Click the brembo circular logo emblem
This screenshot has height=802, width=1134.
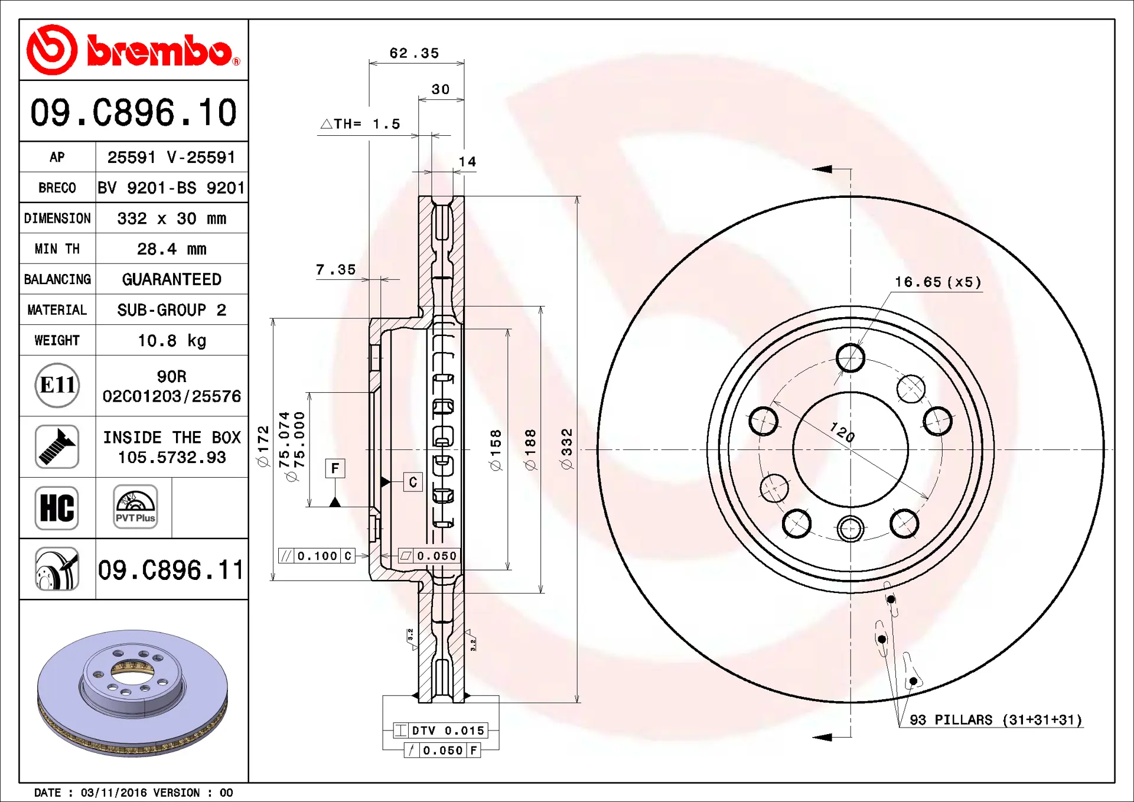(x=52, y=50)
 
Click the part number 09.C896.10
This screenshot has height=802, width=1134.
(x=133, y=112)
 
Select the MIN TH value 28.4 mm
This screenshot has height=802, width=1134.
(x=171, y=249)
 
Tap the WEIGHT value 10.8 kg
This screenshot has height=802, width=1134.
(x=171, y=340)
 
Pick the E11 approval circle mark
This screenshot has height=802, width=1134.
(x=57, y=385)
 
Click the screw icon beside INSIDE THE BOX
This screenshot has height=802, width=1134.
(x=57, y=446)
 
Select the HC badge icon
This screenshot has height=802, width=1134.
(x=57, y=508)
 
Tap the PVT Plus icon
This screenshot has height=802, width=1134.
(x=135, y=507)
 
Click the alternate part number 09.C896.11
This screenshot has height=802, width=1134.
(x=171, y=570)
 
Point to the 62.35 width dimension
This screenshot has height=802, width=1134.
(x=414, y=53)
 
